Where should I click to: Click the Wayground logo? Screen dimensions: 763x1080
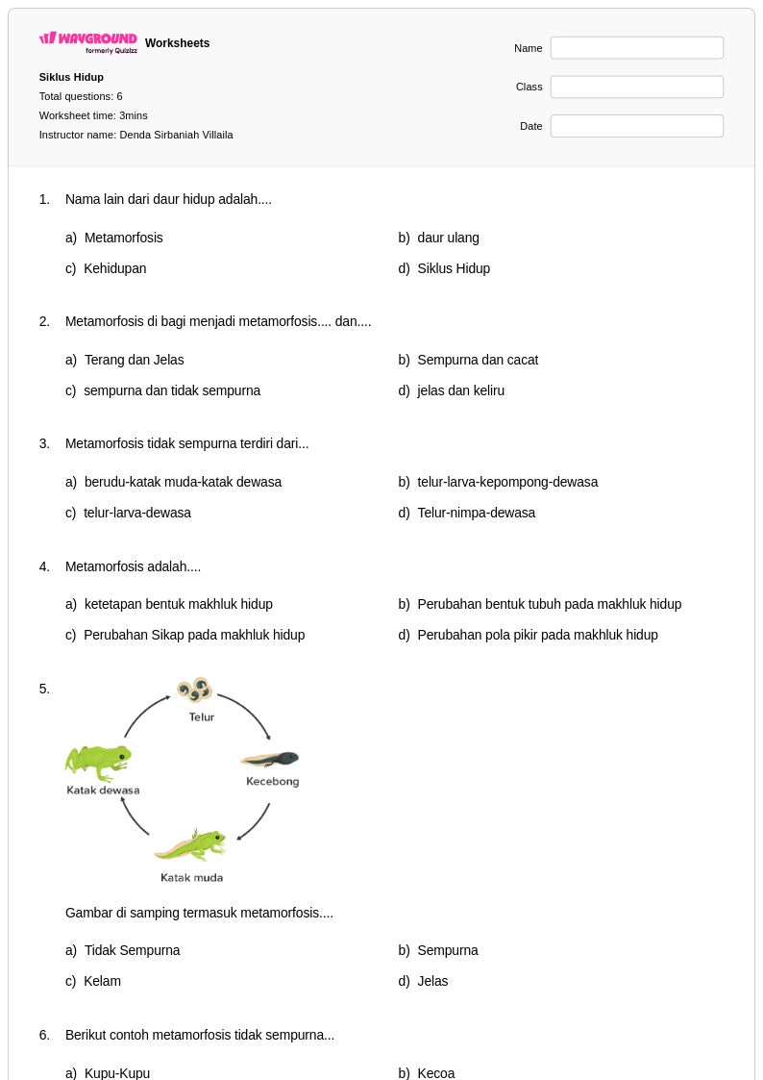(x=88, y=42)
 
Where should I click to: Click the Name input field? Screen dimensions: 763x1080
(x=636, y=48)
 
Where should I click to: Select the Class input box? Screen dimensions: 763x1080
(x=636, y=87)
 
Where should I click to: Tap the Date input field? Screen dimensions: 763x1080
(x=636, y=126)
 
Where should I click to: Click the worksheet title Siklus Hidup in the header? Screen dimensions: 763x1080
(x=71, y=77)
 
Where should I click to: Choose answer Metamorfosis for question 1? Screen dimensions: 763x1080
(x=123, y=238)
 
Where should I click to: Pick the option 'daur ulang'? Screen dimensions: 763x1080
(x=448, y=238)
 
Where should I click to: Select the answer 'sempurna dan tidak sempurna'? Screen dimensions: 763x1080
(x=172, y=390)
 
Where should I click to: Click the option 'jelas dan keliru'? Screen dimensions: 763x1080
(x=460, y=390)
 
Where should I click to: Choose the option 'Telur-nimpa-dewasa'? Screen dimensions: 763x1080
(x=476, y=513)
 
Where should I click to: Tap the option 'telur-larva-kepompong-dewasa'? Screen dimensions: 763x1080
(x=507, y=482)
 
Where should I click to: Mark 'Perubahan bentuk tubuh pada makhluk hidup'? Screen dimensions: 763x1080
(x=549, y=604)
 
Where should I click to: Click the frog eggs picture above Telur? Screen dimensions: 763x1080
(x=195, y=690)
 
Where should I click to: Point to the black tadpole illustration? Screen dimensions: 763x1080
(x=270, y=760)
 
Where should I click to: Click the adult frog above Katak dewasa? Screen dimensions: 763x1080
(x=98, y=763)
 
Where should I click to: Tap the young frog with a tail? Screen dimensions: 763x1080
(x=190, y=845)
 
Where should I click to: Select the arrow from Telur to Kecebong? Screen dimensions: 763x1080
(x=249, y=712)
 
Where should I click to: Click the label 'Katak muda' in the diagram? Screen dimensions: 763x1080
(x=191, y=877)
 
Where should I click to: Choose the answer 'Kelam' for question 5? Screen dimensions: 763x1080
(x=102, y=981)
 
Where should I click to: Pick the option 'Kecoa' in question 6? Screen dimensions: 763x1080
(x=435, y=1073)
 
